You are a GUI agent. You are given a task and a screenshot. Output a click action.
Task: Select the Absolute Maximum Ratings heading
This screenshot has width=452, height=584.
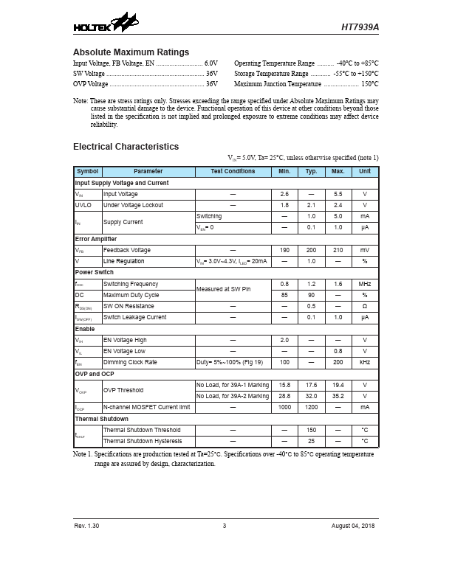[131, 52]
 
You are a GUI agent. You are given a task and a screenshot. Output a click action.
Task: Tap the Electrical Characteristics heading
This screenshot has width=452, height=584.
[126, 147]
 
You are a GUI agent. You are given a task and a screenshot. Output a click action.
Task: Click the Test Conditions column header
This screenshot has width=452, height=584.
[233, 171]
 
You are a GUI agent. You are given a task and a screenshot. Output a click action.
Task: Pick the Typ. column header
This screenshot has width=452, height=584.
[311, 171]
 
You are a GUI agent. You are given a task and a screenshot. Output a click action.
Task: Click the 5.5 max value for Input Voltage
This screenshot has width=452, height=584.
[338, 194]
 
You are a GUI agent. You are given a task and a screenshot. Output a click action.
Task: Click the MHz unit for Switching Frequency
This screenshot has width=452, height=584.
[364, 284]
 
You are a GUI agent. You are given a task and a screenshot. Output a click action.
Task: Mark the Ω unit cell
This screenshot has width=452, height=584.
[364, 306]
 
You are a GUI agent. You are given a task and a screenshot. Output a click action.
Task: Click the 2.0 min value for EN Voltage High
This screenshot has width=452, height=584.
[284, 340]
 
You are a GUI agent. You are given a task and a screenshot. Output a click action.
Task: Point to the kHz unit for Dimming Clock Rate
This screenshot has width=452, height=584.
[364, 363]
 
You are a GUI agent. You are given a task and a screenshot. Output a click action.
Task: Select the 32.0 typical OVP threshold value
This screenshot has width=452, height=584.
[311, 396]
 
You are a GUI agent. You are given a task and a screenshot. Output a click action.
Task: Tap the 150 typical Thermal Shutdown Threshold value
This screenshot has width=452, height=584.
[311, 430]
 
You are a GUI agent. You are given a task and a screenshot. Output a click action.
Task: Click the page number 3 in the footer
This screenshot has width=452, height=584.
[224, 526]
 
